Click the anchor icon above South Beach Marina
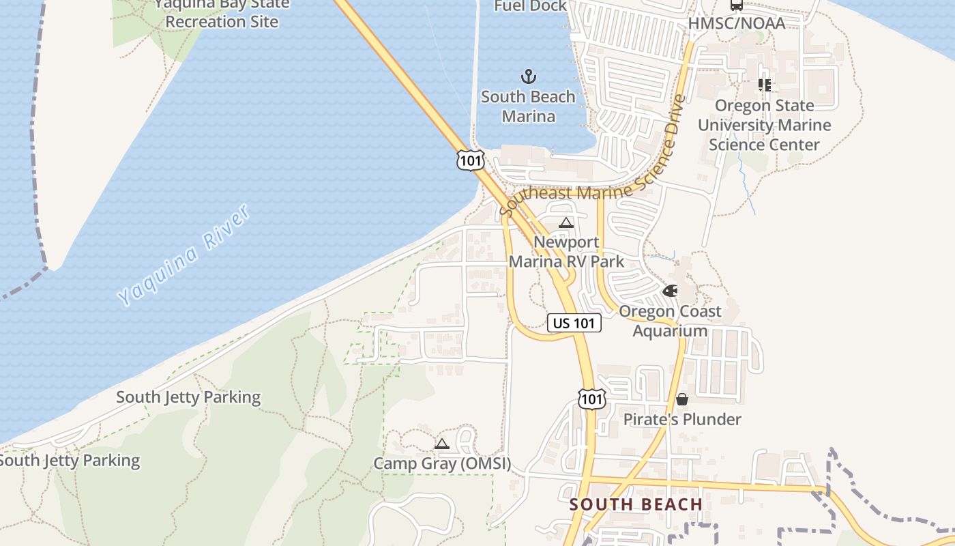[529, 76]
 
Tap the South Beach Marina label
[528, 106]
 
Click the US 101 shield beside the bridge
[471, 160]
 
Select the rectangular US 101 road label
[574, 323]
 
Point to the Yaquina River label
[184, 255]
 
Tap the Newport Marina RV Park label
[566, 252]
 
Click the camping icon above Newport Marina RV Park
[565, 222]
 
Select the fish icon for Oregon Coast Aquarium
[671, 291]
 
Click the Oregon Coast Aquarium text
[670, 321]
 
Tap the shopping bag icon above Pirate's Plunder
[681, 399]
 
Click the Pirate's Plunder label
[682, 419]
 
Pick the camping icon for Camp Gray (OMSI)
[442, 444]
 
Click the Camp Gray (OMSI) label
[442, 463]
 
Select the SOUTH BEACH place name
[636, 504]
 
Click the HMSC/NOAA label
[737, 23]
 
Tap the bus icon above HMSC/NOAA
[736, 5]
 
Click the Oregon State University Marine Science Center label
[764, 125]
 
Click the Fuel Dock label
[530, 6]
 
